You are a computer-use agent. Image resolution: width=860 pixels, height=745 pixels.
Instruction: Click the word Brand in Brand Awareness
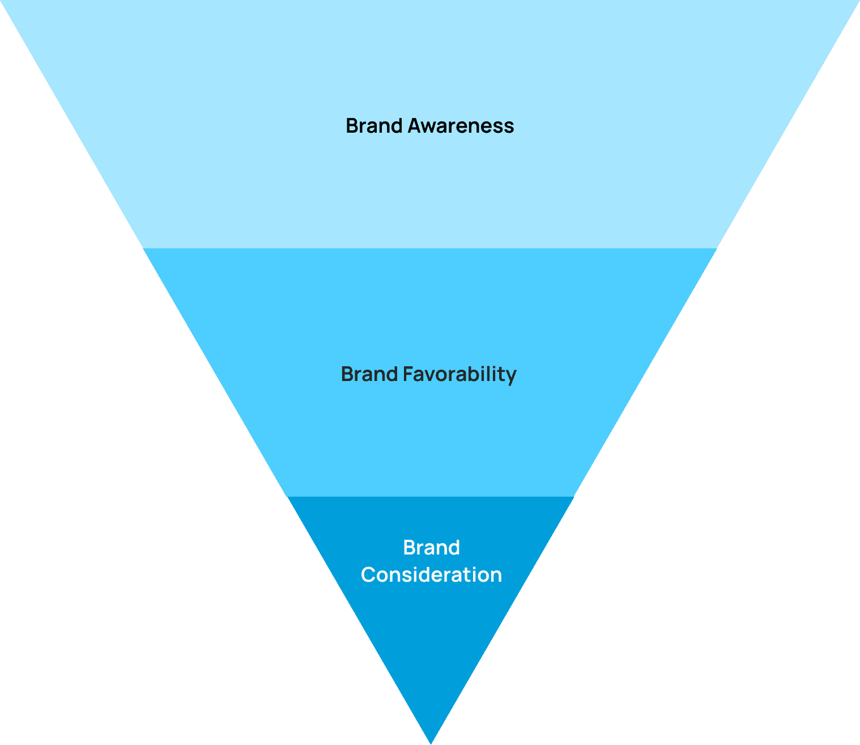tap(374, 126)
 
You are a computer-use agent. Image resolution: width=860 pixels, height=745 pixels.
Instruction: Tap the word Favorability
tap(459, 375)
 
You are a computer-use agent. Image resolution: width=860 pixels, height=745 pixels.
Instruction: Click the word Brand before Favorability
tap(369, 375)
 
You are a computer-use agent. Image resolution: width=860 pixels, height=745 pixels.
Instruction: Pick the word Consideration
tap(431, 575)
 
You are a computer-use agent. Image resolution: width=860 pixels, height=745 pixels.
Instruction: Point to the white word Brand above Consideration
tap(431, 548)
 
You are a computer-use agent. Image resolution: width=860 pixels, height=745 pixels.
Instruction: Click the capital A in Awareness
tap(414, 126)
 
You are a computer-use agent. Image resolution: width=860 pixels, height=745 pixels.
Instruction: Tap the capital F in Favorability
tap(408, 375)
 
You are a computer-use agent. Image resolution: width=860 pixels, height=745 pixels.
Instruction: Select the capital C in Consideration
tap(368, 575)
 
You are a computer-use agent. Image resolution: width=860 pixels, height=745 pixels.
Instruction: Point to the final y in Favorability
tap(511, 376)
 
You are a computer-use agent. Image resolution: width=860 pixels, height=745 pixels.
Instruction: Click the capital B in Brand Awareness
tap(352, 126)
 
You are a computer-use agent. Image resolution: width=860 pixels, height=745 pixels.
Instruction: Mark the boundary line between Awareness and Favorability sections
tap(431, 248)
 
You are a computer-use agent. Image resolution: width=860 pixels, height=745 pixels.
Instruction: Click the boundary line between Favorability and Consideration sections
tap(431, 497)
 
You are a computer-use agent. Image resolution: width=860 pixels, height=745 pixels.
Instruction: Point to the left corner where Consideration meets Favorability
tap(287, 497)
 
